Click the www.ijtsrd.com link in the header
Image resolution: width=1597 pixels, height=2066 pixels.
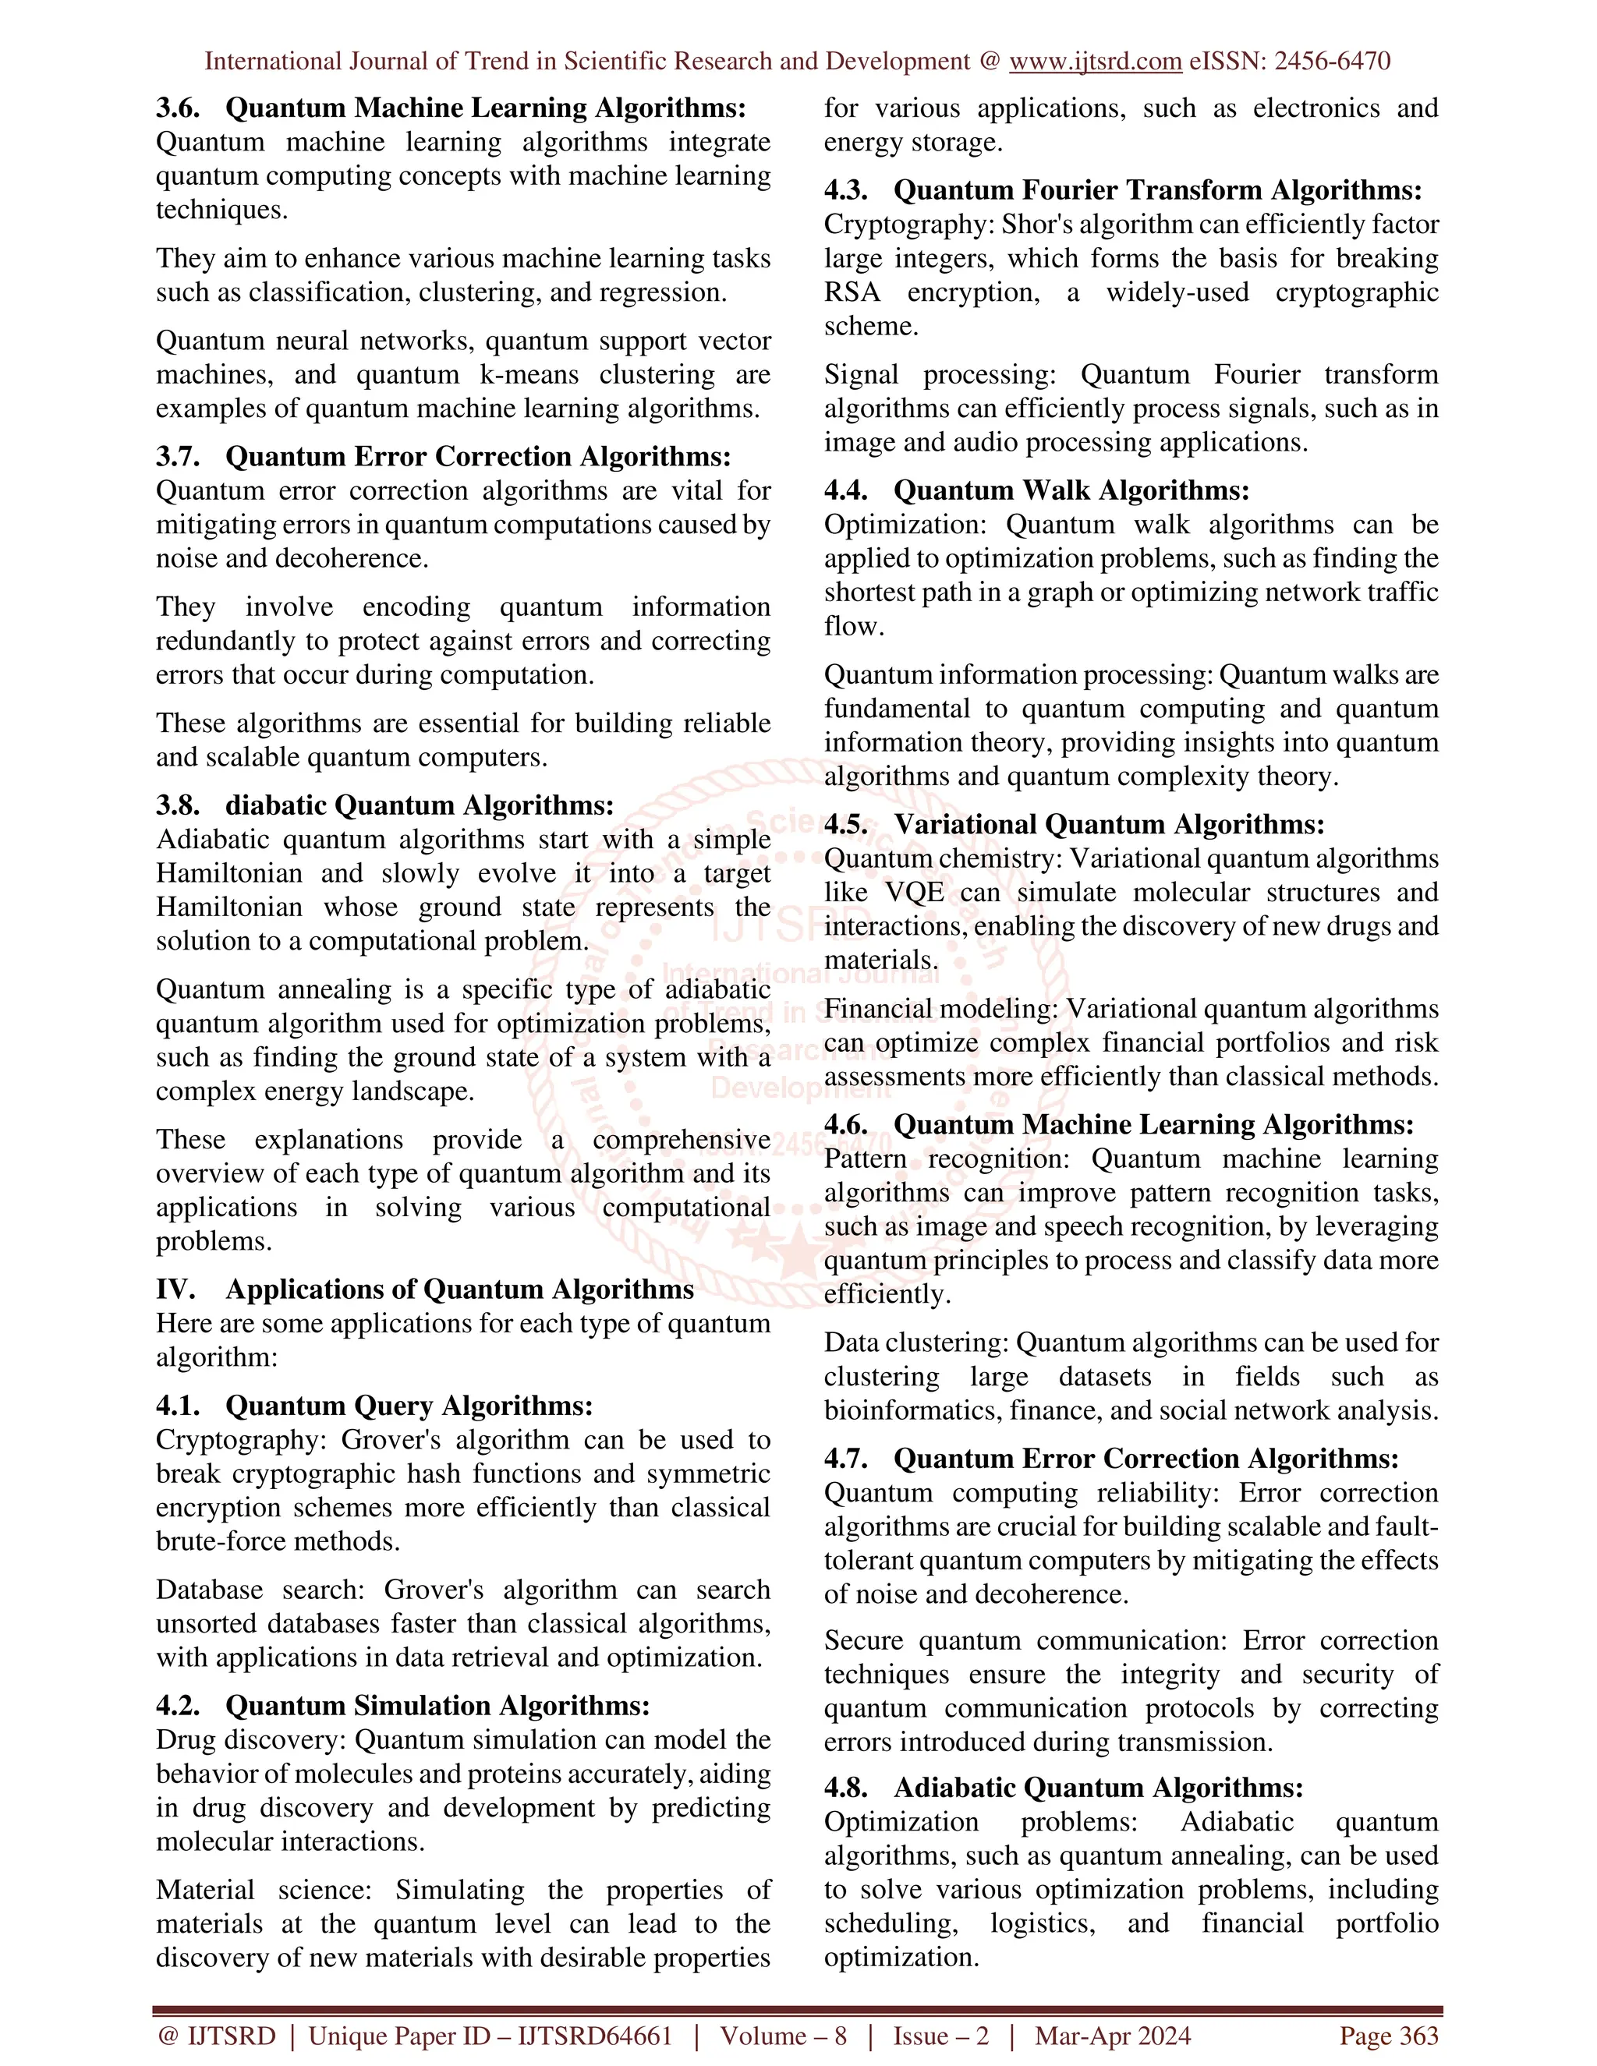pyautogui.click(x=1095, y=62)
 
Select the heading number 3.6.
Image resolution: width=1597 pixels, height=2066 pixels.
pyautogui.click(x=178, y=108)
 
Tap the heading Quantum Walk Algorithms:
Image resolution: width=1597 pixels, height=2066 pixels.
pyautogui.click(x=1071, y=490)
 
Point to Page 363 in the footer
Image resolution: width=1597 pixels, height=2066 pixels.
pyautogui.click(x=1388, y=2036)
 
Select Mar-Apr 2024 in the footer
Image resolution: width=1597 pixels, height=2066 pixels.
pyautogui.click(x=1113, y=2036)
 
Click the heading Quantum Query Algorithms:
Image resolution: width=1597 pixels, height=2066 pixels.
pyautogui.click(x=409, y=1406)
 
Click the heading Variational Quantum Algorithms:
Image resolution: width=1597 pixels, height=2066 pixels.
pyautogui.click(x=1109, y=825)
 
